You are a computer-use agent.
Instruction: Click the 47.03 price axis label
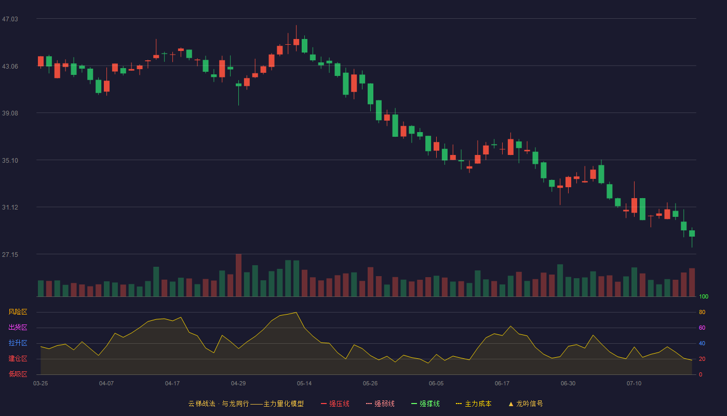point(10,19)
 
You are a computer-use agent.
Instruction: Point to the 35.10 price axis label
point(10,161)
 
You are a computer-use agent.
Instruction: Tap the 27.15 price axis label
point(10,255)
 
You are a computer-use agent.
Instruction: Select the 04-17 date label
point(172,384)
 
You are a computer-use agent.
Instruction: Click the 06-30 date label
point(568,384)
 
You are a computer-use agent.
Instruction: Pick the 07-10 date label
point(634,384)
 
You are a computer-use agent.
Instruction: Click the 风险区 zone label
point(18,312)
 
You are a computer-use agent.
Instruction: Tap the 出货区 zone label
point(18,327)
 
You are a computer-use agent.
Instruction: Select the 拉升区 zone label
point(18,343)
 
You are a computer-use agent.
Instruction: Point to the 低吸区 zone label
point(18,374)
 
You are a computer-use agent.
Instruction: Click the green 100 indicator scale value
point(704,296)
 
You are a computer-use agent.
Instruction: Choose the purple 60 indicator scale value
point(702,328)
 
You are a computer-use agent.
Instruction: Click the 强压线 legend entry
point(335,404)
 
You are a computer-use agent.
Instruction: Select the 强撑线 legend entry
point(425,404)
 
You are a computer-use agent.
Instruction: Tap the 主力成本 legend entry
point(474,404)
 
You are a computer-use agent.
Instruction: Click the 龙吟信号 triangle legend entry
point(526,404)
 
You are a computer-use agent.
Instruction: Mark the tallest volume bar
point(238,275)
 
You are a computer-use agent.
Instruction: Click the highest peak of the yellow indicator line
point(296,313)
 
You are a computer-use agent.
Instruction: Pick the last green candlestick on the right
point(692,237)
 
